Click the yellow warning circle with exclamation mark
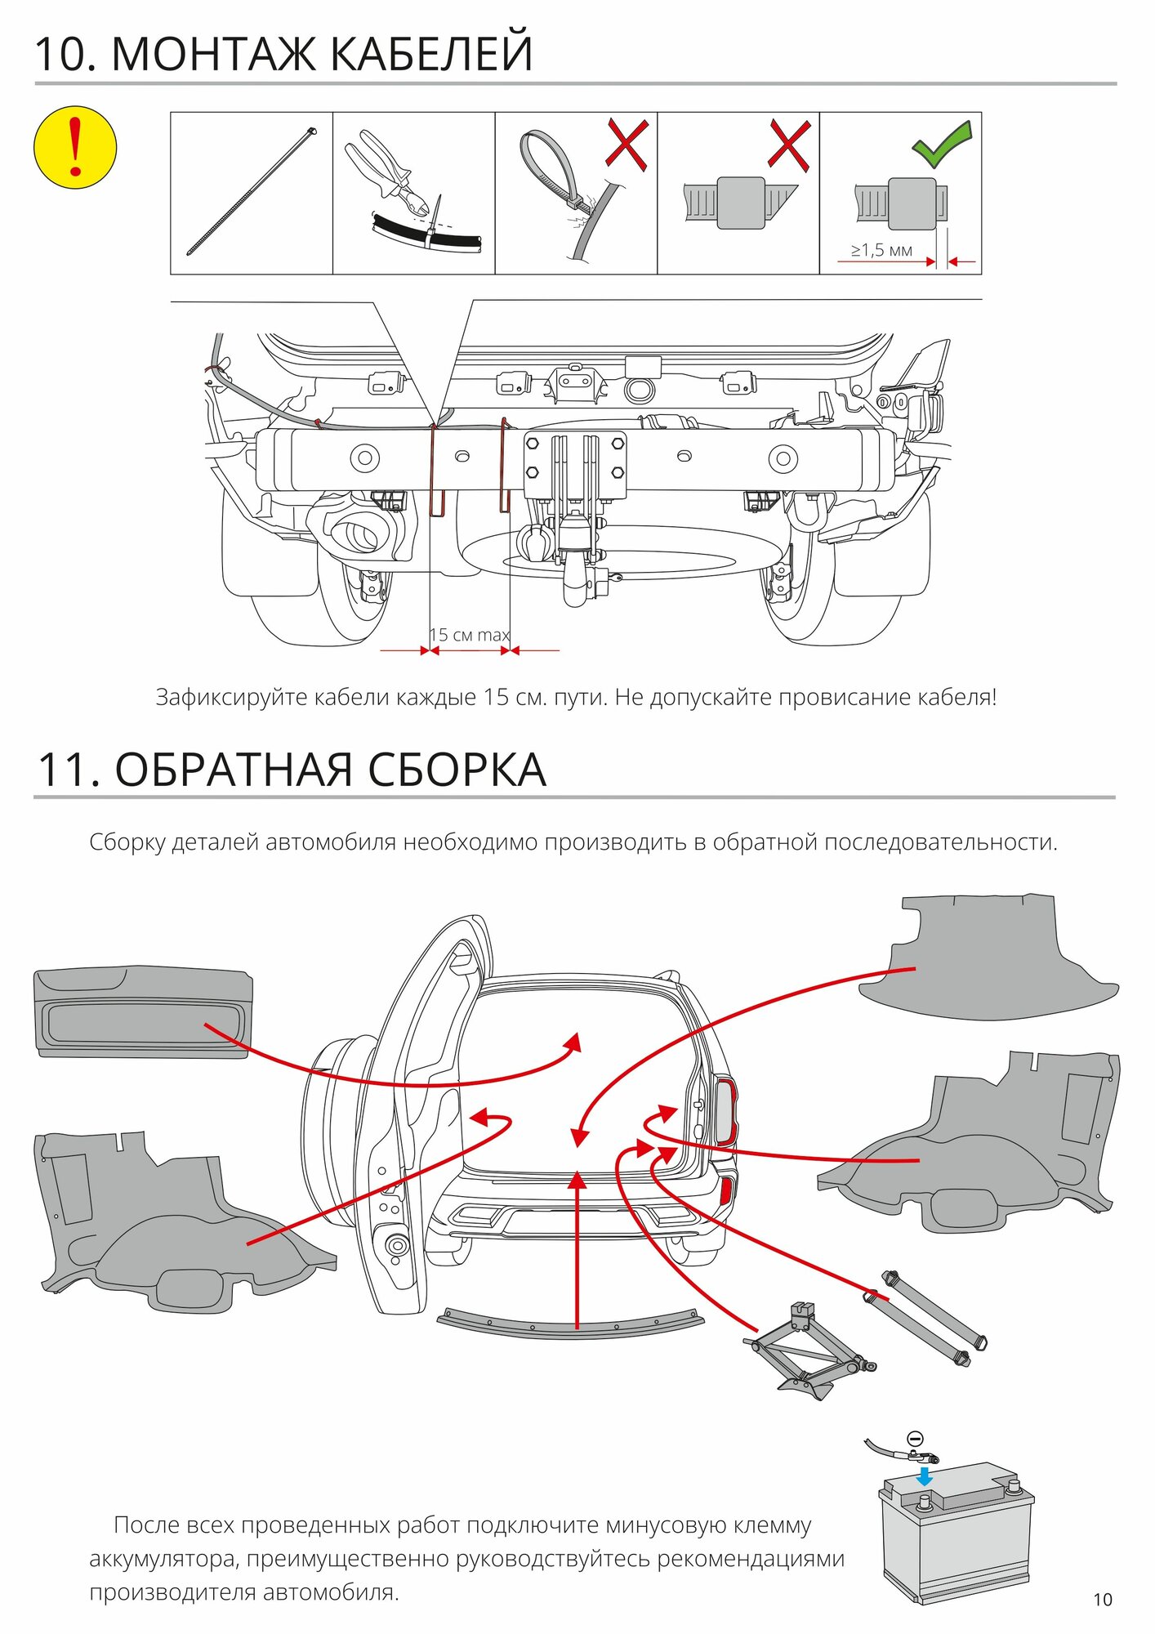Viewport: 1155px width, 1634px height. tap(75, 147)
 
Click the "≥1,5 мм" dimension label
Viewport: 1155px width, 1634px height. tap(881, 250)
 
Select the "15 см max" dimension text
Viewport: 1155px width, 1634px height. tap(470, 635)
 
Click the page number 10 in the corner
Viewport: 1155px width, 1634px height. tap(1102, 1599)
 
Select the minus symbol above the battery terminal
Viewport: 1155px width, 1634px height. tap(916, 1439)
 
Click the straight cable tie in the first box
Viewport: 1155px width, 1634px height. tap(251, 192)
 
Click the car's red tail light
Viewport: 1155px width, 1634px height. tap(725, 1112)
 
